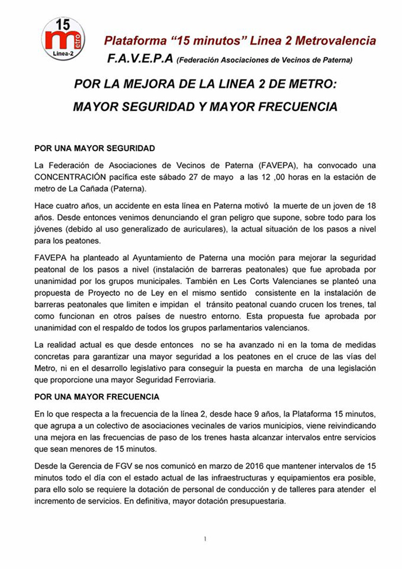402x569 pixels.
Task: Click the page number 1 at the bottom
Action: pos(205,539)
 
